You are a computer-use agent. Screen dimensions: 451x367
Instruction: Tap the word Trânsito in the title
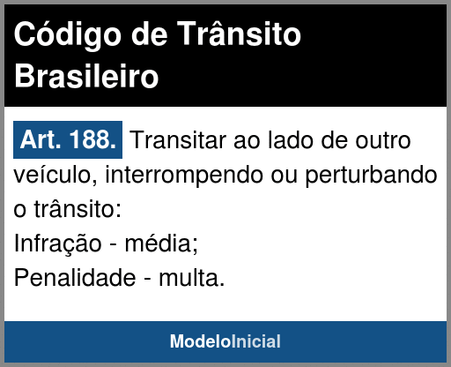pos(239,34)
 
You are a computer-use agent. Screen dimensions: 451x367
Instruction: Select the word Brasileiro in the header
pos(86,76)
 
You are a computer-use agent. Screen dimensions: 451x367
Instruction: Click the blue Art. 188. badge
pos(68,139)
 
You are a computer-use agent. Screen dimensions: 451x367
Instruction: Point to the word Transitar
pos(178,140)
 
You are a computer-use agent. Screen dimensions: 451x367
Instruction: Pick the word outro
pos(383,140)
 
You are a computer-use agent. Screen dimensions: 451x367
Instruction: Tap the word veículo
pos(55,175)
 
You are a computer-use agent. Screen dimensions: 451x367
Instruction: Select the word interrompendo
pos(184,176)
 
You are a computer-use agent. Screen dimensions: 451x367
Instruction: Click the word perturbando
pos(371,176)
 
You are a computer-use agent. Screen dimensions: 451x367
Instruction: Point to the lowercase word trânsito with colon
pos(78,209)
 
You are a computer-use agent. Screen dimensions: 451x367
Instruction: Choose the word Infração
pos(57,243)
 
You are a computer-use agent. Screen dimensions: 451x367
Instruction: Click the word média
pos(161,243)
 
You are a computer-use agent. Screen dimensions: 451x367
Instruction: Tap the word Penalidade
pos(75,277)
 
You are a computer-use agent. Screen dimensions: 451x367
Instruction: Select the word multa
pos(192,277)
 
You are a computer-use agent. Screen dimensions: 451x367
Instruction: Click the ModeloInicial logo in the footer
pos(225,341)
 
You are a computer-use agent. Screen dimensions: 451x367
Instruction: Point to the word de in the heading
pos(149,34)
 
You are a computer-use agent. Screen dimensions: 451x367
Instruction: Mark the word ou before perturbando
pos(285,176)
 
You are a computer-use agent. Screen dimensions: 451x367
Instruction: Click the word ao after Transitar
pos(247,142)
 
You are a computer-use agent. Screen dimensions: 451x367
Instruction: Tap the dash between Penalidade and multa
pos(147,279)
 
